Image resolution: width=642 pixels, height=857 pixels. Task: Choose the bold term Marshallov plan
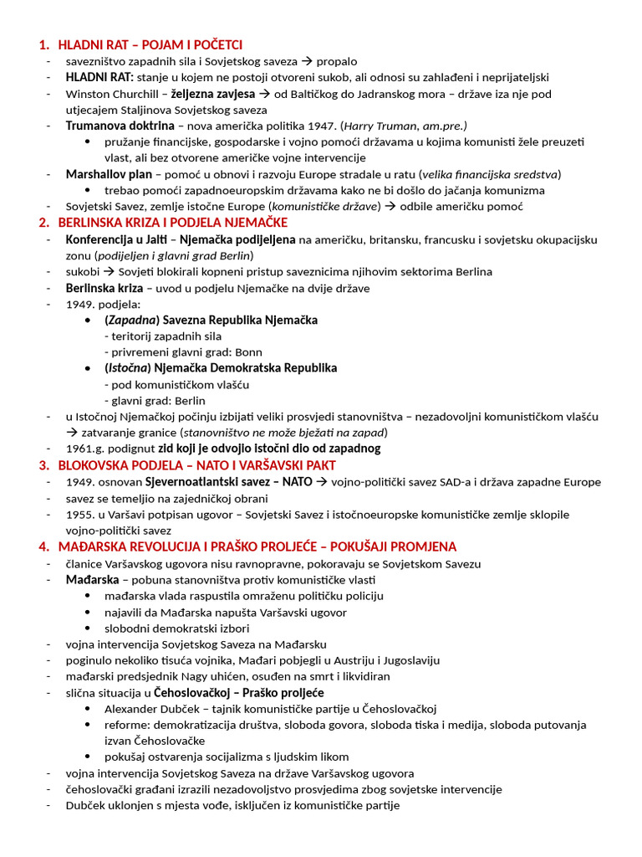tap(109, 174)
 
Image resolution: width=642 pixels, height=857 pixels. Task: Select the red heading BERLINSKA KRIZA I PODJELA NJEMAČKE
tap(172, 223)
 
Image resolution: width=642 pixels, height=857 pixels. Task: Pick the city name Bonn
tap(248, 352)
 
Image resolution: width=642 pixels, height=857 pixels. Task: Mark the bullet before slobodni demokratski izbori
tap(89, 628)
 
